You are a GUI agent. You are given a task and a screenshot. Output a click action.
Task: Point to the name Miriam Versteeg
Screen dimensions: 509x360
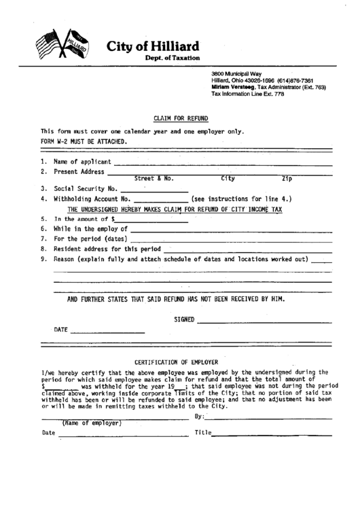pos(232,88)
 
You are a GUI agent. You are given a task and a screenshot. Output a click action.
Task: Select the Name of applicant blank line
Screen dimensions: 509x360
pos(223,163)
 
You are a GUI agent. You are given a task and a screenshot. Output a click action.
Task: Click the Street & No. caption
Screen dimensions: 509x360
pos(154,179)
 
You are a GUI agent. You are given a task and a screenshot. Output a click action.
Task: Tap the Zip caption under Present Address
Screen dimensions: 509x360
pos(287,179)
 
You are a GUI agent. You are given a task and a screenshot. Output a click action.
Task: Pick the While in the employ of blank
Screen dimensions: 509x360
pos(231,230)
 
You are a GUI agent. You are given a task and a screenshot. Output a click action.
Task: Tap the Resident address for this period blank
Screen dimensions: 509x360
pos(248,250)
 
